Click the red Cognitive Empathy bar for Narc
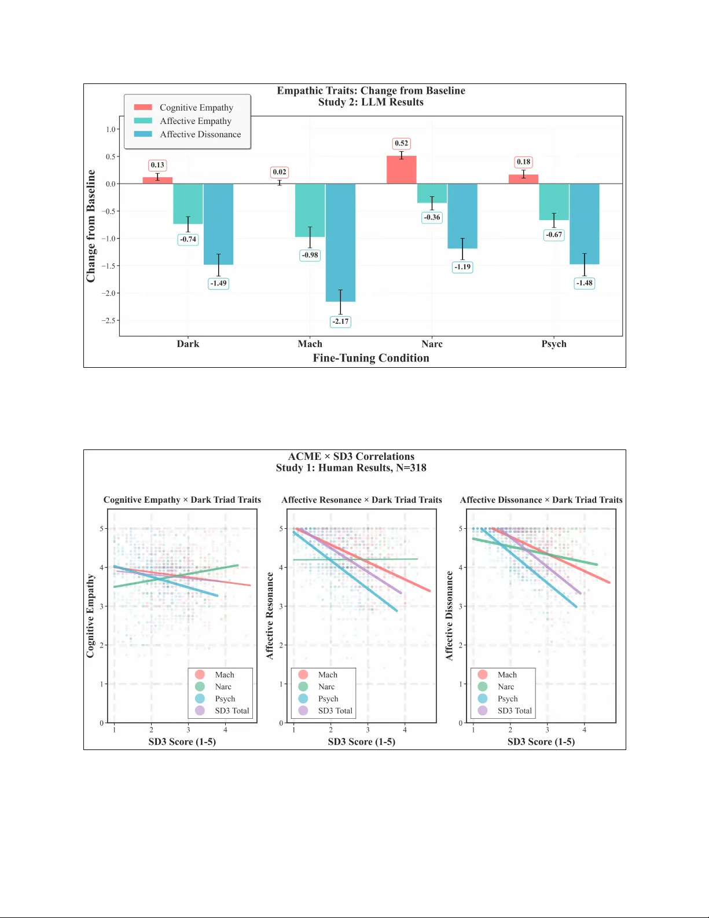[x=401, y=170]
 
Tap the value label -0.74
[x=188, y=239]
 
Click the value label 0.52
[x=401, y=143]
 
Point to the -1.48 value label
[x=584, y=283]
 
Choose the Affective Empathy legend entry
[x=195, y=121]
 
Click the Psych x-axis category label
[x=554, y=344]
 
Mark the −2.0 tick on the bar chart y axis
[x=109, y=293]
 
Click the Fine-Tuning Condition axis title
[x=371, y=358]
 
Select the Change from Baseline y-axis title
[x=91, y=226]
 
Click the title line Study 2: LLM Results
[x=370, y=103]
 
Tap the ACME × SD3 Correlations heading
[x=351, y=456]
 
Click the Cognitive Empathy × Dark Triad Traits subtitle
[x=182, y=500]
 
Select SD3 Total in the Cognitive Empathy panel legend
[x=232, y=711]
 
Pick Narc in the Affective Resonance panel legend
[x=326, y=686]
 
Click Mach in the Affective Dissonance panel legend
[x=507, y=675]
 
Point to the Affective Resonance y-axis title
[x=270, y=616]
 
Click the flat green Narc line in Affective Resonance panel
[x=394, y=559]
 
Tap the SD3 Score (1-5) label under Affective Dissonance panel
[x=541, y=742]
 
